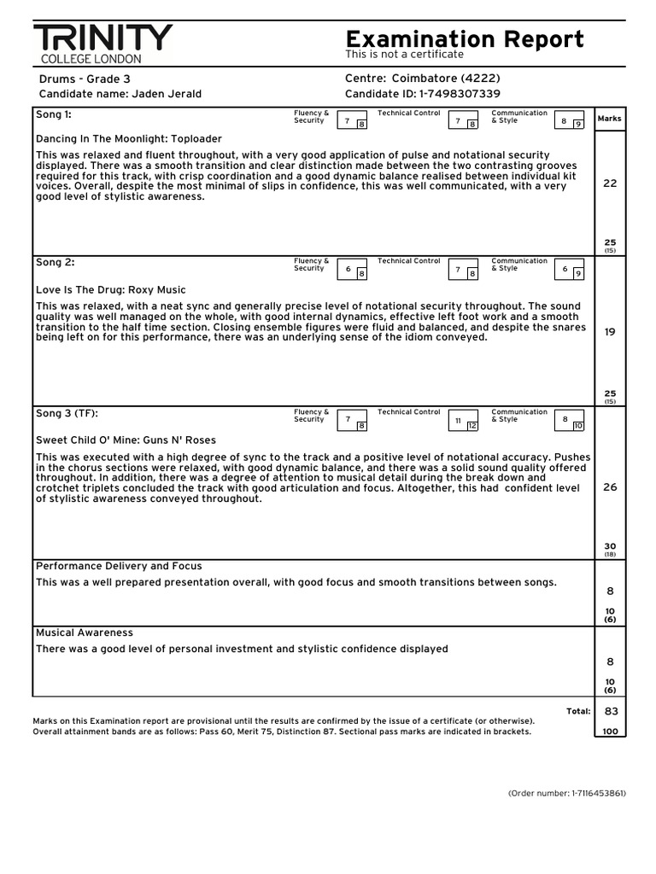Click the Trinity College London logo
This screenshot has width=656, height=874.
pos(102,44)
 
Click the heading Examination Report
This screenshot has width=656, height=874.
pos(465,39)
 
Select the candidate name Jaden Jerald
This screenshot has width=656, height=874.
pos(167,94)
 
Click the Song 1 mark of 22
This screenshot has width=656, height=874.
pos(610,184)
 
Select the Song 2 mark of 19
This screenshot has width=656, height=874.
pos(610,332)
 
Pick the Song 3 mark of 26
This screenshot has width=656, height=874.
pos(610,487)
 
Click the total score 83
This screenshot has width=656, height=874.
pos(611,711)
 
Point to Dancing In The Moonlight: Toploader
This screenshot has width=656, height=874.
pos(128,138)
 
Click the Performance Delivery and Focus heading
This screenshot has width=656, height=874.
pos(119,566)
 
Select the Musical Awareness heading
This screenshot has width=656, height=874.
pos(85,632)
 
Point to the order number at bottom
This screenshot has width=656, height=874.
pos(566,793)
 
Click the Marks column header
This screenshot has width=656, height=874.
pos(610,119)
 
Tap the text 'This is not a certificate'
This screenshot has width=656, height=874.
pos(404,55)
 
